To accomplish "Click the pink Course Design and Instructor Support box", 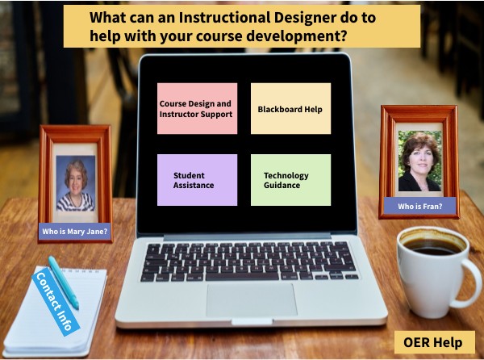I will (197, 108).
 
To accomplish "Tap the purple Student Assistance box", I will (197, 179).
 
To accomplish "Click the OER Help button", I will (433, 342).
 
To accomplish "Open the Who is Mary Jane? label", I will (75, 232).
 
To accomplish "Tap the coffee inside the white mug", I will (431, 246).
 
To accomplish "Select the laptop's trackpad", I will (250, 299).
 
